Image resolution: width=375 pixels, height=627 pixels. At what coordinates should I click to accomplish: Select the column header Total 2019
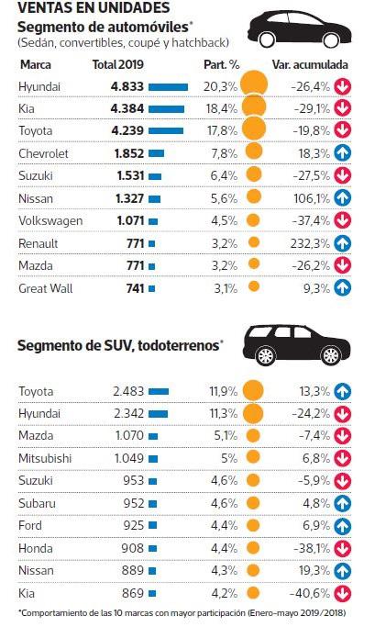(x=118, y=66)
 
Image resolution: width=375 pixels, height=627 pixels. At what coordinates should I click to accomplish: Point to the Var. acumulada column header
(x=311, y=66)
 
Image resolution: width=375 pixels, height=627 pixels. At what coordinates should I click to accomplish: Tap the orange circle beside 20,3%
(x=254, y=86)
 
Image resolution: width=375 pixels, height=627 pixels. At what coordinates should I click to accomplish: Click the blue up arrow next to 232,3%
(x=344, y=242)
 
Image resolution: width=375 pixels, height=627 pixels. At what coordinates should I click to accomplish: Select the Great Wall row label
(x=46, y=287)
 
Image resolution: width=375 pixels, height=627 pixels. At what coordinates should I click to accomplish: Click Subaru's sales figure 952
(x=130, y=502)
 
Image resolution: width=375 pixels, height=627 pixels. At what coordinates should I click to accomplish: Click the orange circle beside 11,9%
(x=254, y=391)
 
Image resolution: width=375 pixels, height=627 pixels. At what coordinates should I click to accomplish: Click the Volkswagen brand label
(x=50, y=220)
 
